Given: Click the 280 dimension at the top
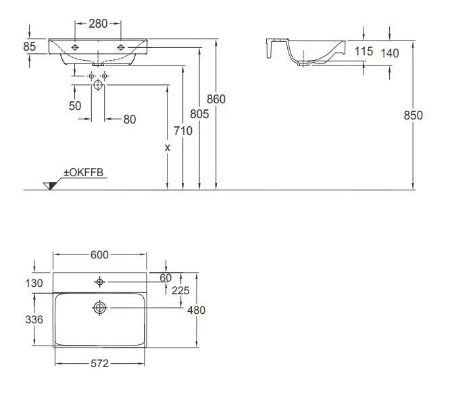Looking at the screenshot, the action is [98, 24].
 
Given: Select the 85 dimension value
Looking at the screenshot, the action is [30, 47].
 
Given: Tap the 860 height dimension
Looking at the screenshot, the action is [216, 99].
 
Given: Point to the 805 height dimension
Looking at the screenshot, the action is [199, 114].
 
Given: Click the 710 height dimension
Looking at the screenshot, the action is [183, 131].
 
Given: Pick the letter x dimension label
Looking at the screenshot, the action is [167, 148].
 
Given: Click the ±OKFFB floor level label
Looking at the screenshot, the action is [83, 173].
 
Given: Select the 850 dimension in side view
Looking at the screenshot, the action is [413, 115].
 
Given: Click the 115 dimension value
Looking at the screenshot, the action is [363, 51].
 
